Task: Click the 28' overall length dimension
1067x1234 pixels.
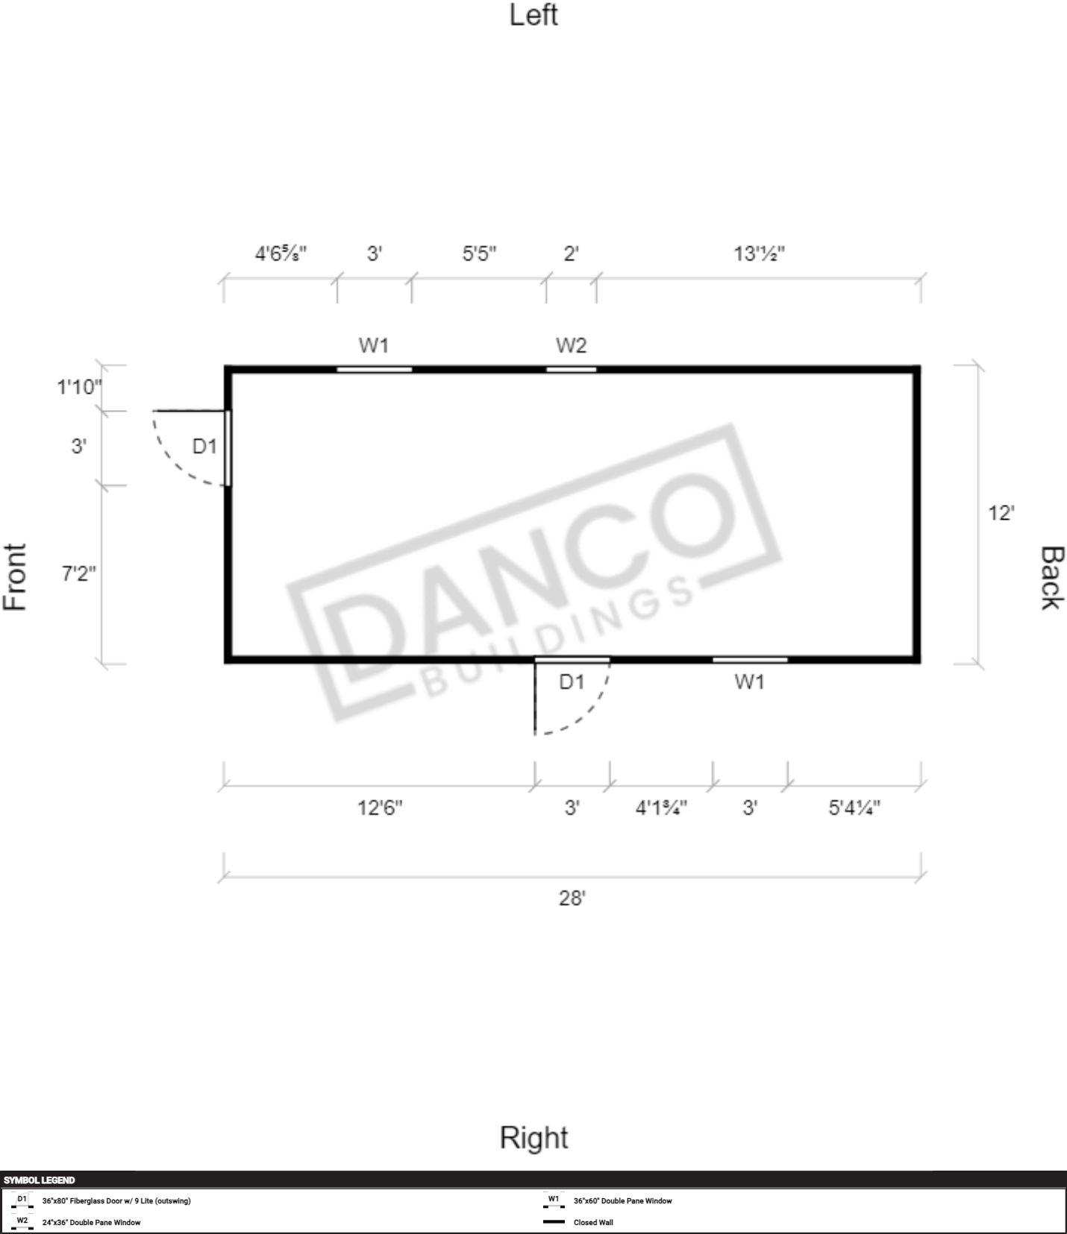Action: coord(572,898)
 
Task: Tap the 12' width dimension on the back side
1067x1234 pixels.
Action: coord(1001,513)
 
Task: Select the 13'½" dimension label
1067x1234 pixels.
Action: coord(759,254)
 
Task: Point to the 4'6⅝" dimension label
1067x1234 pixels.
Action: coord(281,254)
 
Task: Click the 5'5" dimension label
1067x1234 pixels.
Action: coord(479,254)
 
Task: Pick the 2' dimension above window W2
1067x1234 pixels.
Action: coord(571,254)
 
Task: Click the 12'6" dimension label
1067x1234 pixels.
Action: coord(380,808)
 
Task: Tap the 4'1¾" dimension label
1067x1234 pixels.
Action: coord(661,808)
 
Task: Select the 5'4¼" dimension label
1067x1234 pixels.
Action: coord(854,808)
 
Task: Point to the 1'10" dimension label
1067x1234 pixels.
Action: coord(79,387)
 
